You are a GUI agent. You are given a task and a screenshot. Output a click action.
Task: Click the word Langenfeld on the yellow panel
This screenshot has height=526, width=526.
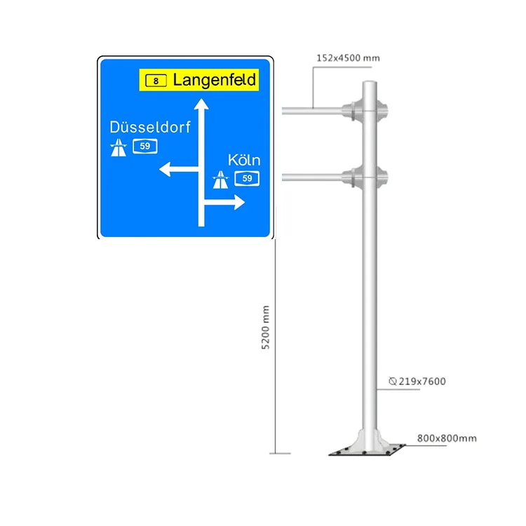214,79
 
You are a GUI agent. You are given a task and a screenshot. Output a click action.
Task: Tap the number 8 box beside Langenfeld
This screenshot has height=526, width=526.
156,81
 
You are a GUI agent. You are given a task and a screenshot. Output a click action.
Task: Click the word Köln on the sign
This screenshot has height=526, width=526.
244,161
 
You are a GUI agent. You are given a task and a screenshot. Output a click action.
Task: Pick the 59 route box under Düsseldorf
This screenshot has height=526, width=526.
144,146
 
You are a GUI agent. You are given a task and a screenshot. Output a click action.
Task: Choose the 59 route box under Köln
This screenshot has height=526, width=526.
247,178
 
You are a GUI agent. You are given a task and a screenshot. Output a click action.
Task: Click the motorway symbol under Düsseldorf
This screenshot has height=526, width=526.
118,147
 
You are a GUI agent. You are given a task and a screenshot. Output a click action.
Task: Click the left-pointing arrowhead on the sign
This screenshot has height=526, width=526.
166,169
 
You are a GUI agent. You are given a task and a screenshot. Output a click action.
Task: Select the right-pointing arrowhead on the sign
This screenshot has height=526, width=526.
239,203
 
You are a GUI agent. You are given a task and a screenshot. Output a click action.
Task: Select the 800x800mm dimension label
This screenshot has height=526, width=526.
446,438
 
